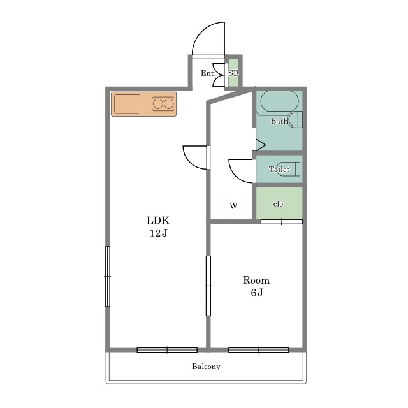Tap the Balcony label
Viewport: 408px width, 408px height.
206,367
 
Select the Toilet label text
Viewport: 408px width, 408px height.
279,170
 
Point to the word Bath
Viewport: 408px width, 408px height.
279,121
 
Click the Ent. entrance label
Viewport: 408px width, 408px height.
208,73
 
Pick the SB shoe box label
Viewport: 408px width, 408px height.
233,73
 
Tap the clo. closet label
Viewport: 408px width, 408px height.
279,204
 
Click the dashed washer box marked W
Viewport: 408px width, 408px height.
233,205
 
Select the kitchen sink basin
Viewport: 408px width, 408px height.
127,104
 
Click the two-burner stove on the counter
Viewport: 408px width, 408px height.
163,104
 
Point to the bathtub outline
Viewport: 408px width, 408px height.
279,101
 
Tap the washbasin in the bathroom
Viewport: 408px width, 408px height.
296,119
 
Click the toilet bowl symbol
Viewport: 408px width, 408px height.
289,169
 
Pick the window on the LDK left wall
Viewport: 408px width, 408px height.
108,277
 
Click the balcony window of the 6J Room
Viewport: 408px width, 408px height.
259,350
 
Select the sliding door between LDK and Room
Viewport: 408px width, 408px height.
208,286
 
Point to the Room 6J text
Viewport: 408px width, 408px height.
256,286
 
